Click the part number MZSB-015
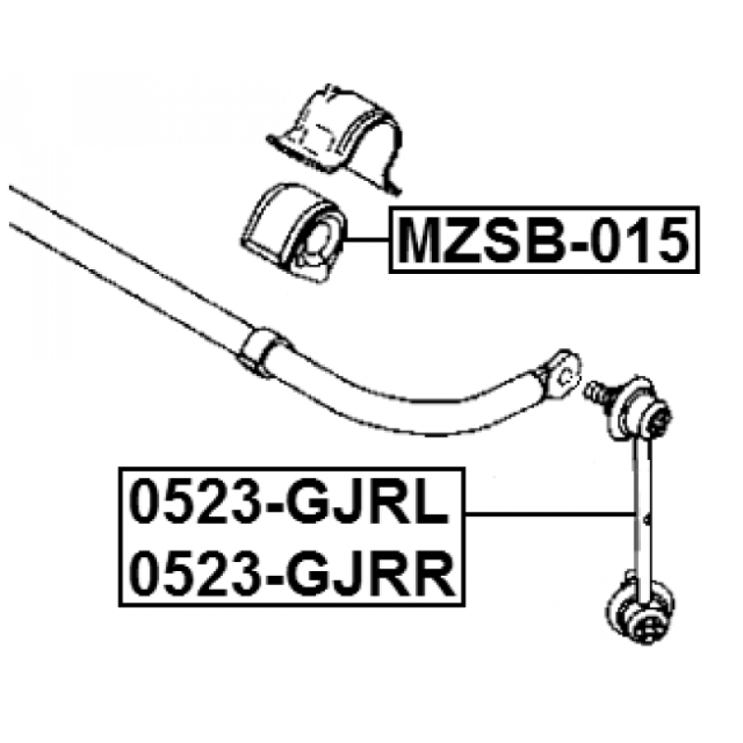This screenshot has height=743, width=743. (x=543, y=241)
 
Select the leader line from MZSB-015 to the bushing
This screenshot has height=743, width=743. (x=366, y=241)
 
